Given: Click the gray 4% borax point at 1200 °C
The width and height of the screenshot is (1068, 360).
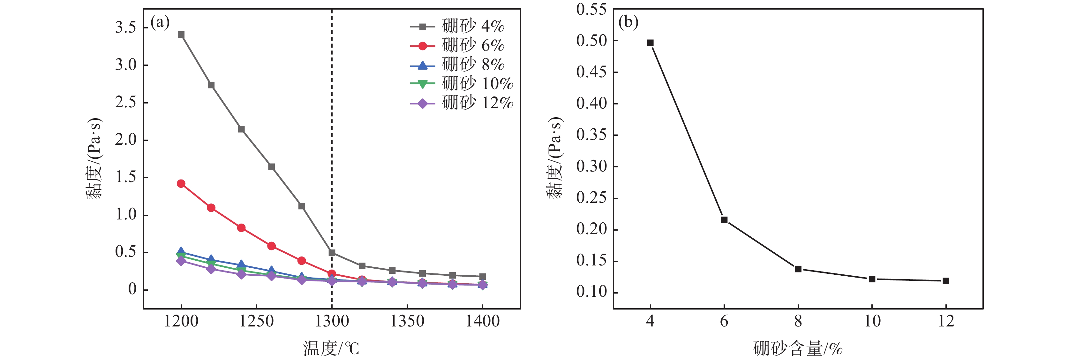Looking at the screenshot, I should [x=181, y=34].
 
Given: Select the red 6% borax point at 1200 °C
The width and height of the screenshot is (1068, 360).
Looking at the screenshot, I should [x=181, y=183].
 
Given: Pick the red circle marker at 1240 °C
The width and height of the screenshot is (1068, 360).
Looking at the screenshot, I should [x=241, y=228].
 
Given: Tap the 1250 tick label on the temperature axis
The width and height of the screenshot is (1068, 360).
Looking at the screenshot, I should [x=256, y=321].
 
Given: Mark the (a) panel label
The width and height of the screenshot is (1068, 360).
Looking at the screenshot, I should [x=160, y=22].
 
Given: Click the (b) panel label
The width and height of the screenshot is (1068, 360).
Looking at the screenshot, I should [x=628, y=22].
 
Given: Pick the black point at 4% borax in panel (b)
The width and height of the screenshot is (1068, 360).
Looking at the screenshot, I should [x=650, y=43].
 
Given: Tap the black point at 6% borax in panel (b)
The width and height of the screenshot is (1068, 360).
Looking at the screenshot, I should [x=724, y=220].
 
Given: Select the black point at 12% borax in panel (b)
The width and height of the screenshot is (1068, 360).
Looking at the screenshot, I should [x=946, y=281].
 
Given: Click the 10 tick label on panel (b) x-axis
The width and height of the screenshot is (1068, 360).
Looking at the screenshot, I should [x=872, y=321].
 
